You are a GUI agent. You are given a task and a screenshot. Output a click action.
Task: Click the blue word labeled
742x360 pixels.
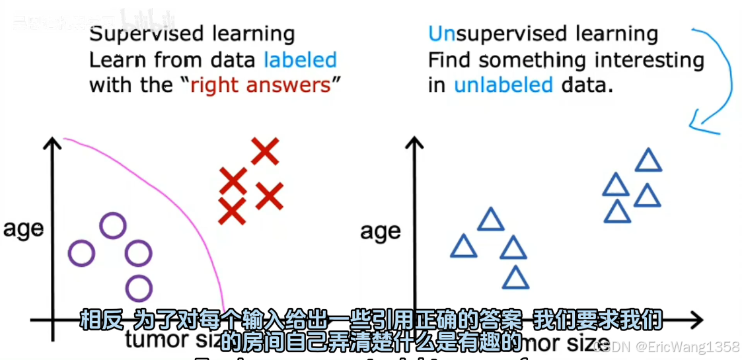click(301, 60)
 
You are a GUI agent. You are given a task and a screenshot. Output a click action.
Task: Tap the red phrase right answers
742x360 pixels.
click(260, 85)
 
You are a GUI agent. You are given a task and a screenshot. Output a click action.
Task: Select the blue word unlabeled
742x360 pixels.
click(503, 85)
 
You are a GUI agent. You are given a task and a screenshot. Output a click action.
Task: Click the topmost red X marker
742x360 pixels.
click(264, 151)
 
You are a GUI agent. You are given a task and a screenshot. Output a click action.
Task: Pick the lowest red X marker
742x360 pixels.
click(232, 211)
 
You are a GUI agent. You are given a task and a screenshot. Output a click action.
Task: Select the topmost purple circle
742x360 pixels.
click(112, 226)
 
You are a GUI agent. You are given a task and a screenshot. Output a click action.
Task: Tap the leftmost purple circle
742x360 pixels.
click(82, 253)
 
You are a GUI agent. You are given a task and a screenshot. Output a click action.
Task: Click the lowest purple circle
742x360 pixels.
click(139, 289)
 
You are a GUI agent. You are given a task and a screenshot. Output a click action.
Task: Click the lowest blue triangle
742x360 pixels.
click(515, 278)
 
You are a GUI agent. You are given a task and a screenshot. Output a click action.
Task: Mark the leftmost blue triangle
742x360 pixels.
click(464, 246)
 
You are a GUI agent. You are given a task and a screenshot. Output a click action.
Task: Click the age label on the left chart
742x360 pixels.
click(23, 229)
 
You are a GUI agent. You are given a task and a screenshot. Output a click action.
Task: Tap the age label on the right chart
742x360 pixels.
click(381, 232)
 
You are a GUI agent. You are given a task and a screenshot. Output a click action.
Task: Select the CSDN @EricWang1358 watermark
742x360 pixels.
click(667, 347)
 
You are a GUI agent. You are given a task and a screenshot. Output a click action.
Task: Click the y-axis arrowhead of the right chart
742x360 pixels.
click(415, 141)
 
